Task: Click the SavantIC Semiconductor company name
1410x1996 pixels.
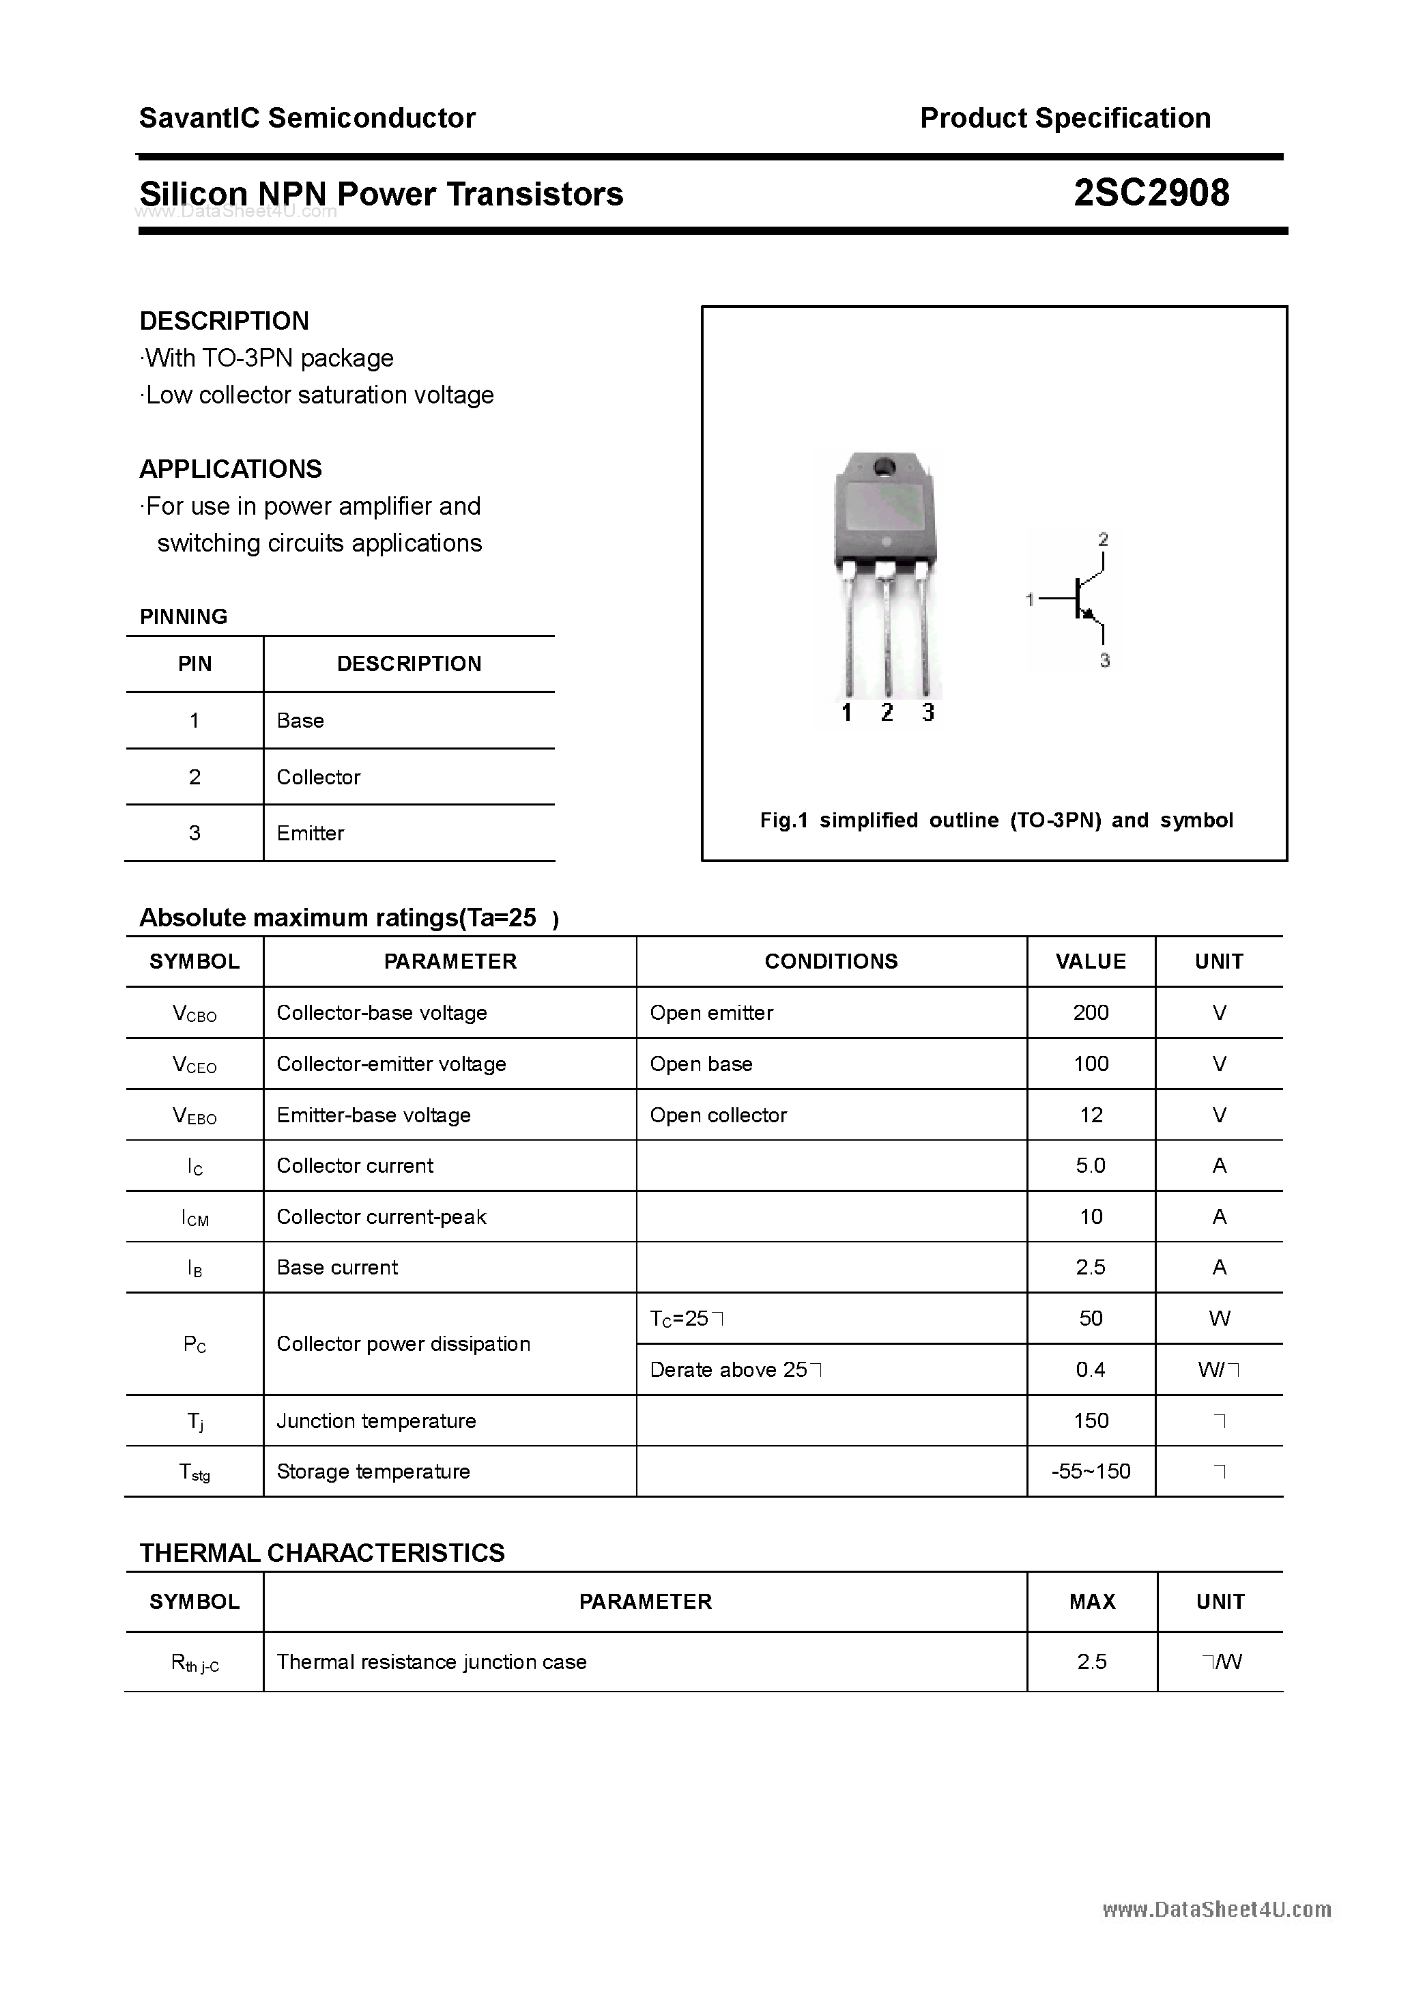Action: pyautogui.click(x=307, y=117)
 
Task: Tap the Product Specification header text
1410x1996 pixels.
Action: pyautogui.click(x=1065, y=117)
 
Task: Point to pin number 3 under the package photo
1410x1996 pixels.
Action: pyautogui.click(x=927, y=713)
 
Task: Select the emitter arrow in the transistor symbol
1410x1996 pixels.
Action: pyautogui.click(x=1087, y=614)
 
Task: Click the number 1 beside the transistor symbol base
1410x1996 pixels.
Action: pyautogui.click(x=1030, y=599)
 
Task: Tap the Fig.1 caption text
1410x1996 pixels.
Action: pyautogui.click(x=996, y=820)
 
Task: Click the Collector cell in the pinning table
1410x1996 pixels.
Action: pyautogui.click(x=318, y=778)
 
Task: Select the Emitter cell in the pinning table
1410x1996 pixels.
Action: pyautogui.click(x=311, y=833)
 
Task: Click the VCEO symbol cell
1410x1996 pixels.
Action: pyautogui.click(x=195, y=1064)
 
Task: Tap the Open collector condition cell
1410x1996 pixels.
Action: pyautogui.click(x=718, y=1115)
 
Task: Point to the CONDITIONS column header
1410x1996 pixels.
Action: pyautogui.click(x=831, y=962)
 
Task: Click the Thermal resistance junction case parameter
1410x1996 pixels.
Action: pyautogui.click(x=431, y=1662)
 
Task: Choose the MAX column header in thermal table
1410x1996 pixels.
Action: pyautogui.click(x=1092, y=1601)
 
